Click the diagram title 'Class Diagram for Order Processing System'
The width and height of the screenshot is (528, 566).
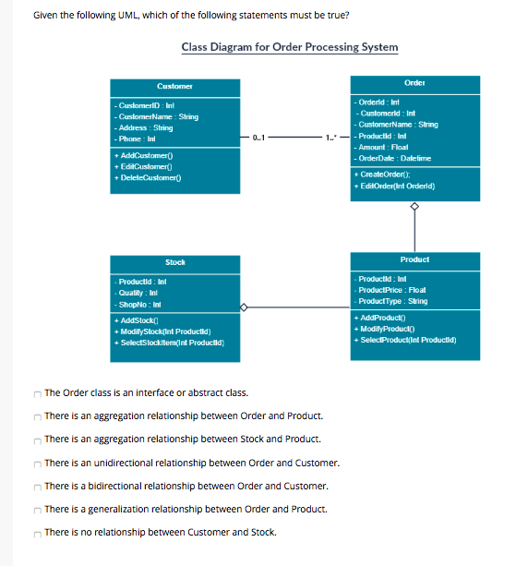tap(290, 47)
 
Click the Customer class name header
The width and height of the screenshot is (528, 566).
tap(175, 85)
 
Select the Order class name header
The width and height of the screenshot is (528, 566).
tap(414, 83)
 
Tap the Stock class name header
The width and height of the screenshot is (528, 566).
tap(175, 263)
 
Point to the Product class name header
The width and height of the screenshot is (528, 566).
tap(414, 260)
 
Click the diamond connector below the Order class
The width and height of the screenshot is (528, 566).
tap(414, 207)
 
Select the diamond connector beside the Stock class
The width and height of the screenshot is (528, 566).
tap(245, 307)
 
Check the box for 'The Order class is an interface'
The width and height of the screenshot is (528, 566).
tap(37, 393)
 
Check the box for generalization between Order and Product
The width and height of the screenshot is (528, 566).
tap(37, 509)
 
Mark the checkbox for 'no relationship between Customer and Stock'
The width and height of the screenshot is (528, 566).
tap(37, 532)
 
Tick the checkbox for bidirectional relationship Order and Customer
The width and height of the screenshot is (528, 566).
tap(37, 486)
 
